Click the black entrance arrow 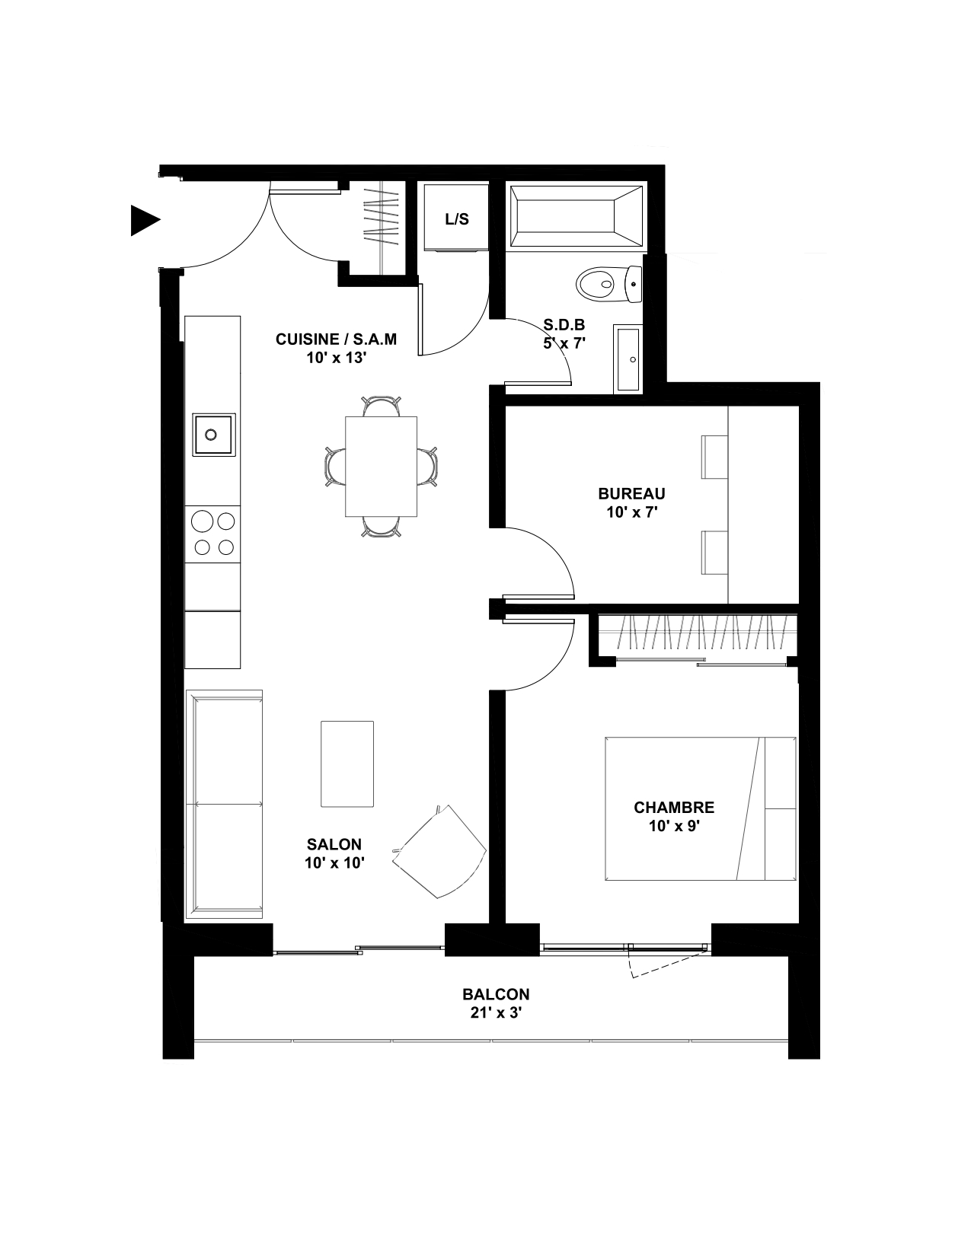pyautogui.click(x=143, y=220)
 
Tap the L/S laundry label pyautogui.click(x=457, y=219)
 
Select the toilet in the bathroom pyautogui.click(x=609, y=284)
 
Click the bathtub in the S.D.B pyautogui.click(x=577, y=218)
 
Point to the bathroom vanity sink pyautogui.click(x=628, y=359)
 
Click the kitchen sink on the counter pyautogui.click(x=213, y=435)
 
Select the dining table pyautogui.click(x=381, y=466)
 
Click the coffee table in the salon pyautogui.click(x=347, y=763)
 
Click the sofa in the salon pyautogui.click(x=225, y=804)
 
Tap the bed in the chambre pyautogui.click(x=701, y=808)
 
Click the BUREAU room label pyautogui.click(x=631, y=493)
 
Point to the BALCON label pyautogui.click(x=497, y=994)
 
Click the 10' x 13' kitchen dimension pyautogui.click(x=337, y=358)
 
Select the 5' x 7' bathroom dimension pyautogui.click(x=564, y=343)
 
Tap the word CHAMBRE pyautogui.click(x=674, y=808)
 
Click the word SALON pyautogui.click(x=334, y=844)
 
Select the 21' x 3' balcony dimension pyautogui.click(x=497, y=1012)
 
